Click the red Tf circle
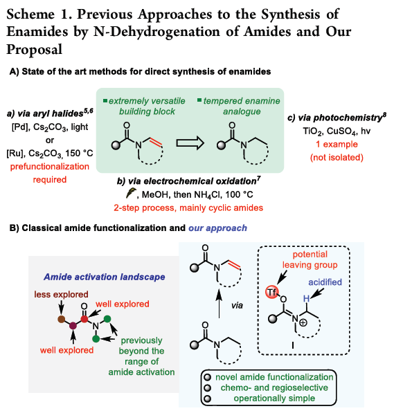272,292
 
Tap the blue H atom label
306,299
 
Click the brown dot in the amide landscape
62,319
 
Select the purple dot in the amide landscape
73,326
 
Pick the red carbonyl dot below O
84,319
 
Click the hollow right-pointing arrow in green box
190,143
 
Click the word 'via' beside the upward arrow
237,306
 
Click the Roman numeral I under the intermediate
293,346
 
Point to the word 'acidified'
325,282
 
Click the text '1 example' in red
337,145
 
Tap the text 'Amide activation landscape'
105,277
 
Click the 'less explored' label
61,295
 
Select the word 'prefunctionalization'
50,167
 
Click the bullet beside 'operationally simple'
208,398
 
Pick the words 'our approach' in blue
217,228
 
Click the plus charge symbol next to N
303,322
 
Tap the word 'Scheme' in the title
30,15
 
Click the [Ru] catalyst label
15,154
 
